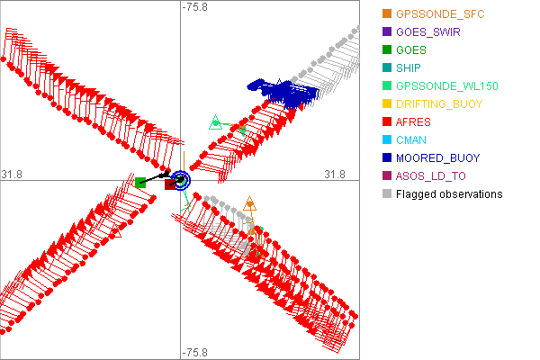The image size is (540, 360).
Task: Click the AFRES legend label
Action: tap(414, 121)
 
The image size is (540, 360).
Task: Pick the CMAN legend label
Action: tap(412, 139)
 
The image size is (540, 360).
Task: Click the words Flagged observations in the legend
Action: tap(449, 193)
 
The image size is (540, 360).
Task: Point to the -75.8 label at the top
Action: tap(195, 7)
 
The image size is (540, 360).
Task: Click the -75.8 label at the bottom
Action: tap(195, 352)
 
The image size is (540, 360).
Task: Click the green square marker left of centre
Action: tap(140, 183)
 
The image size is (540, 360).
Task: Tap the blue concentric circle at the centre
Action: tap(180, 180)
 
